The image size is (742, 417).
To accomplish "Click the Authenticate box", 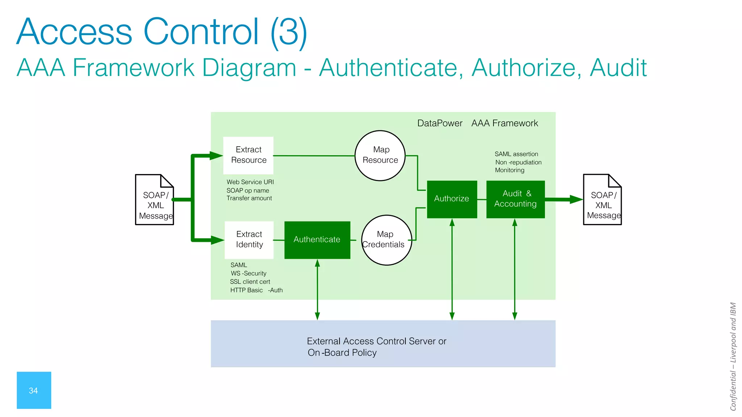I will tap(317, 240).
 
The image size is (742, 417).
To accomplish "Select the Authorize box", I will tap(452, 199).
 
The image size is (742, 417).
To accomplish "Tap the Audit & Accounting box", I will tap(515, 199).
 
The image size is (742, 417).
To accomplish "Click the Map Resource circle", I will tap(380, 155).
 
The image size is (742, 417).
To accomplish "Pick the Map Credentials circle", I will tap(387, 240).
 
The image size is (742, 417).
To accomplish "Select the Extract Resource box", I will tap(248, 155).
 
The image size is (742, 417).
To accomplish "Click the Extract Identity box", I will tap(249, 240).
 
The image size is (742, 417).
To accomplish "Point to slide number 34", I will tap(34, 390).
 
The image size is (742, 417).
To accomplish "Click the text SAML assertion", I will tap(516, 154).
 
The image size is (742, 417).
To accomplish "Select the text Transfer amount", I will tap(249, 198).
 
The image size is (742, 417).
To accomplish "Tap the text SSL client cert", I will tap(250, 282).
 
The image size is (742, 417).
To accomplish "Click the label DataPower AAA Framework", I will tap(477, 123).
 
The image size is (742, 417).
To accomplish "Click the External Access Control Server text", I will tap(376, 341).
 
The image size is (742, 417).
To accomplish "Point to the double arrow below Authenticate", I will tap(317, 290).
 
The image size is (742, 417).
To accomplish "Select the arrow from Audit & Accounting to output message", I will tap(564, 199).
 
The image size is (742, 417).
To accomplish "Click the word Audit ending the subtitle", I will tap(618, 68).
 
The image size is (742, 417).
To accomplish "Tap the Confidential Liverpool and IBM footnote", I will tap(733, 357).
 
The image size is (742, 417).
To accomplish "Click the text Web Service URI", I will tap(250, 182).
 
